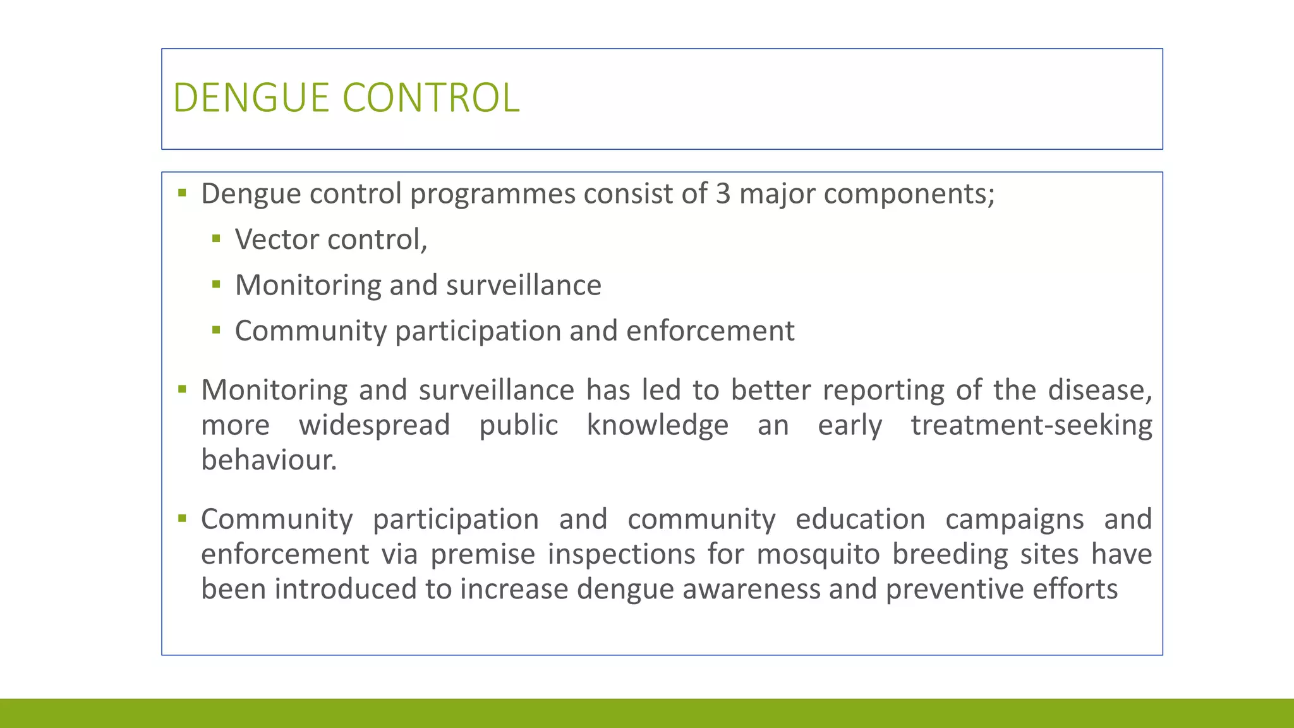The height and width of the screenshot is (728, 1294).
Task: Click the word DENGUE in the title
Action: [x=251, y=98]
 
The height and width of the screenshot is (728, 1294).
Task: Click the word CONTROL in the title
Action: [x=431, y=98]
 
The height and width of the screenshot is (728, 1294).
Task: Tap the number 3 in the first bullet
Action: [x=723, y=193]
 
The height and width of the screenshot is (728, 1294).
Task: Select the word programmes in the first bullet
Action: [x=492, y=193]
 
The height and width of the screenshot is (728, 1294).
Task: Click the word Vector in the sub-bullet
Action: [x=277, y=240]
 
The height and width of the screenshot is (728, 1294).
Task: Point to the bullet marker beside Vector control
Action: [x=217, y=239]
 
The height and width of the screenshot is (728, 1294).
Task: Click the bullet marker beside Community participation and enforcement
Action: [x=217, y=330]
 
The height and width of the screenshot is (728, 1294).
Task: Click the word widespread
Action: [x=374, y=425]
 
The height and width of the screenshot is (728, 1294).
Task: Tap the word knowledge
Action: [x=657, y=425]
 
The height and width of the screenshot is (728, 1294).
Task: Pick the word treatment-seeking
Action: [x=1031, y=425]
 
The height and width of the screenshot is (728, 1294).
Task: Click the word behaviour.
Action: [x=269, y=459]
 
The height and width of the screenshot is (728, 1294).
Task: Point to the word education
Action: [x=860, y=519]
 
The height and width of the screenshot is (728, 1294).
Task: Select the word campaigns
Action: [x=1014, y=519]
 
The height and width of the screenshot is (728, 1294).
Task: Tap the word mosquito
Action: [x=818, y=554]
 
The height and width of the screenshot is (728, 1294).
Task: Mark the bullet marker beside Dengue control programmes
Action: [x=183, y=193]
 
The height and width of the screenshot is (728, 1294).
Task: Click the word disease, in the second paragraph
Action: [x=1100, y=390]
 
